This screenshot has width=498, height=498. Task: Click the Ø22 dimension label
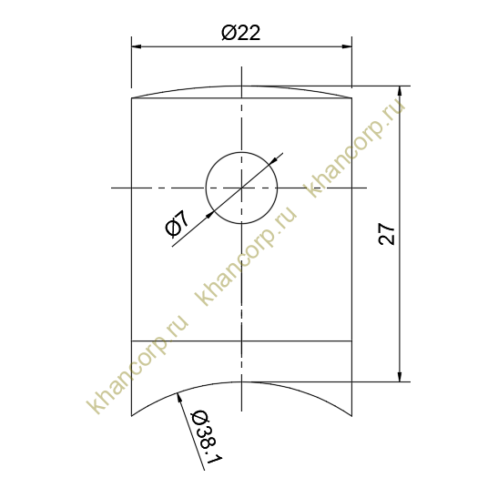coord(240,33)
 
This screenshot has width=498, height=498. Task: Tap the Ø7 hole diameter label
coord(178,224)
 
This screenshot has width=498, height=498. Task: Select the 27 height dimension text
coord(387,234)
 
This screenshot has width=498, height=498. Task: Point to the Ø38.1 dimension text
coord(206,438)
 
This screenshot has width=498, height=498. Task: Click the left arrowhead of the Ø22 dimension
coord(137,46)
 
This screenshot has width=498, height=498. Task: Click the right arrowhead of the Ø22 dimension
coord(347,46)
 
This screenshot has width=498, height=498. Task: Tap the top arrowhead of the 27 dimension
coord(400,91)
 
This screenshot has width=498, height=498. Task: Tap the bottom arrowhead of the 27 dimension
coord(400,377)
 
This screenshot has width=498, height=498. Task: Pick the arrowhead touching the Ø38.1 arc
coord(179,398)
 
